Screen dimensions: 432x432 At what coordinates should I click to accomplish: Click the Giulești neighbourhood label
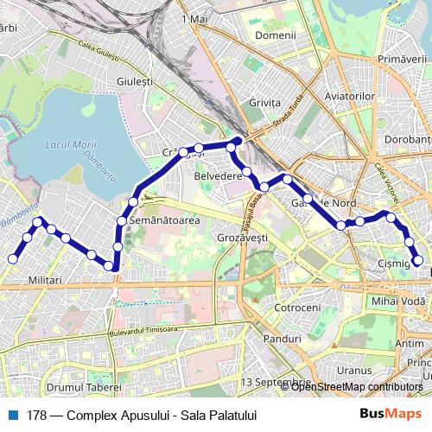(135, 82)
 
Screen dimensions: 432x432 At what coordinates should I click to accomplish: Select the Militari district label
(46, 281)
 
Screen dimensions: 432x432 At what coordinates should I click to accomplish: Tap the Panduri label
(283, 339)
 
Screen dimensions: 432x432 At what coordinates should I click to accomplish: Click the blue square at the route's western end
(13, 258)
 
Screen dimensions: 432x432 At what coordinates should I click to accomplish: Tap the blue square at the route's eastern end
(419, 259)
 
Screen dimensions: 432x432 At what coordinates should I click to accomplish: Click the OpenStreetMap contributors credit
(356, 386)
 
